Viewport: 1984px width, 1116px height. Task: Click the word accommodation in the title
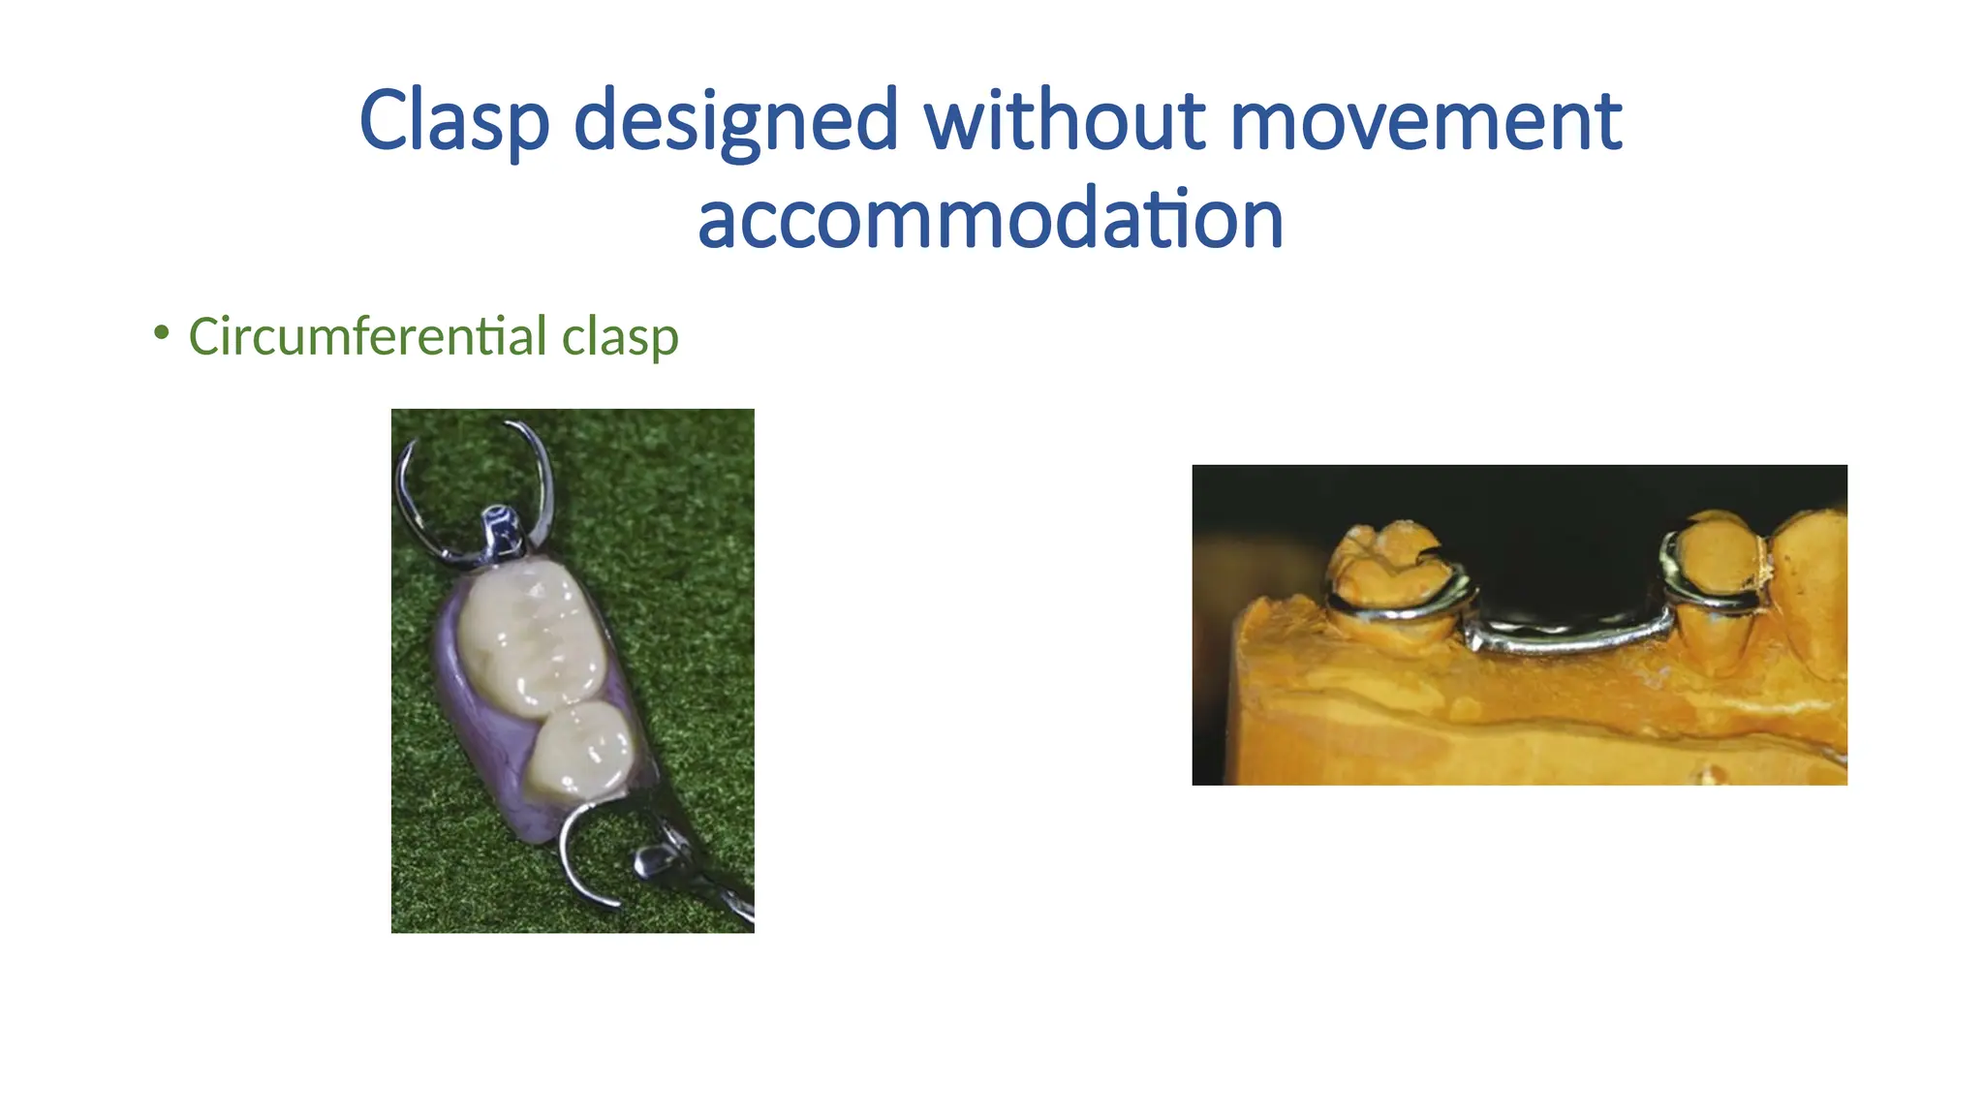click(x=990, y=218)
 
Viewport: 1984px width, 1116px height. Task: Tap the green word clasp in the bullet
click(x=620, y=336)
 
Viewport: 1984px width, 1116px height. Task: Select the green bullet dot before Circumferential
click(x=162, y=332)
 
